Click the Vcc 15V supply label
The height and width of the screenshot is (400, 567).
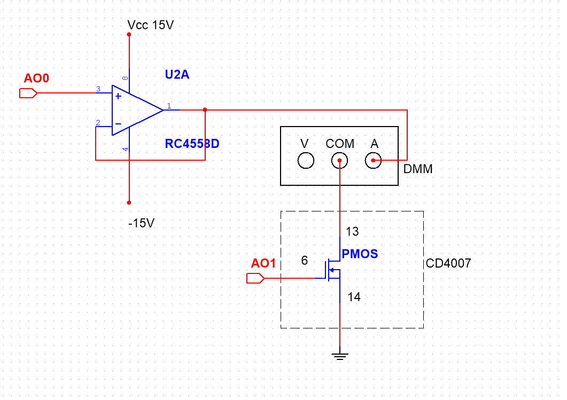(x=151, y=25)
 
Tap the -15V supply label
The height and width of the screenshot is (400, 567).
(x=141, y=223)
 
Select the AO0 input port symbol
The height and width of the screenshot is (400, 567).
(x=28, y=93)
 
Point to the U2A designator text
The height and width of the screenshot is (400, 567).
(x=177, y=75)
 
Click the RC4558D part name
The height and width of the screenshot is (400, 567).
(x=192, y=144)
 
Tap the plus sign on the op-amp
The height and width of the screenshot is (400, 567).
(x=118, y=96)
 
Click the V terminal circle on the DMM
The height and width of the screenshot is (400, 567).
(x=306, y=160)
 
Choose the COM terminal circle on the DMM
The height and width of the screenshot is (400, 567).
(x=340, y=160)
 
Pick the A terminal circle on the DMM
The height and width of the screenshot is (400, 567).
(x=374, y=160)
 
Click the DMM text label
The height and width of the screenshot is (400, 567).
(x=418, y=169)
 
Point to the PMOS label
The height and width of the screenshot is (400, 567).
(x=360, y=254)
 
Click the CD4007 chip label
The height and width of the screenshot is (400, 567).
(x=449, y=264)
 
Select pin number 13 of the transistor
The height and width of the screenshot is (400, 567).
(x=353, y=232)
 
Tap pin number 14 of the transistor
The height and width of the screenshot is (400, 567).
(x=354, y=297)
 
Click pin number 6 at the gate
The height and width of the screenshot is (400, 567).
(x=305, y=261)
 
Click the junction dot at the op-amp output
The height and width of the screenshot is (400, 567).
(x=205, y=109)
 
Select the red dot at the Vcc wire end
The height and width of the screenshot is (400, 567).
(x=129, y=34)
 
